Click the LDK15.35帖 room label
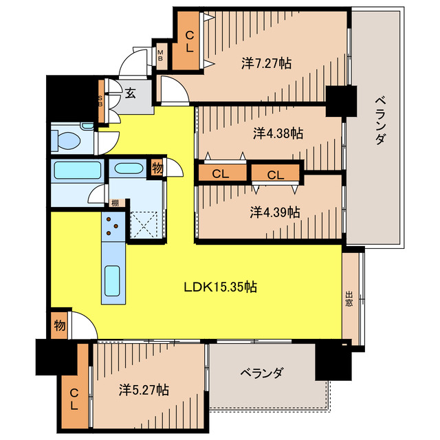pyautogui.click(x=220, y=287)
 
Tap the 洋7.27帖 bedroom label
pyautogui.click(x=266, y=63)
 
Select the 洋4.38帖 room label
pyautogui.click(x=278, y=133)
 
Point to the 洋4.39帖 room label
pyautogui.click(x=275, y=212)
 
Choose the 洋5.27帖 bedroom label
pyautogui.click(x=144, y=390)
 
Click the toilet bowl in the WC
pyautogui.click(x=67, y=139)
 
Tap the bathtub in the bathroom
pyautogui.click(x=78, y=170)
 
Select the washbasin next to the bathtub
pyautogui.click(x=129, y=168)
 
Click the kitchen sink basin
pyautogui.click(x=112, y=281)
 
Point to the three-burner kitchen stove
pyautogui.click(x=113, y=227)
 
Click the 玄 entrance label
pyautogui.click(x=130, y=93)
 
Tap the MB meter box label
pyautogui.click(x=160, y=55)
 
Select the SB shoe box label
pyautogui.click(x=100, y=101)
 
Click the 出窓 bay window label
pyautogui.click(x=349, y=299)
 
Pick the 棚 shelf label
pyautogui.click(x=115, y=203)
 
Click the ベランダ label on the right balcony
pyautogui.click(x=380, y=120)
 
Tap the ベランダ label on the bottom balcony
pyautogui.click(x=261, y=373)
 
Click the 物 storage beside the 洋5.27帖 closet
pyautogui.click(x=60, y=325)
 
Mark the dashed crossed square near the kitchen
pyautogui.click(x=144, y=225)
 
